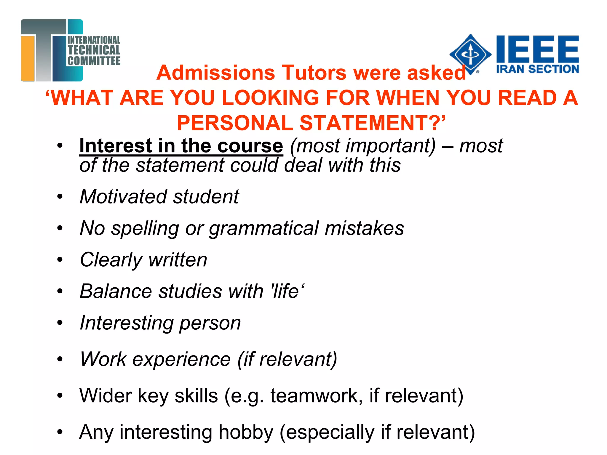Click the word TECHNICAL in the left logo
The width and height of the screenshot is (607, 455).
coord(94,50)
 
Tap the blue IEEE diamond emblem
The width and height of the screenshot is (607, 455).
coord(470,54)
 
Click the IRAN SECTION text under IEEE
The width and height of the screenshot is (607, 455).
coord(538,69)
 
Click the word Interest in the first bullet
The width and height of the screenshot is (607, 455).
coord(116,146)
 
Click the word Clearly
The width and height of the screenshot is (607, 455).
coord(111,260)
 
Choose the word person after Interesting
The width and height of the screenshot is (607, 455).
coord(210,323)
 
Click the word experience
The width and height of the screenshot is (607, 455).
coord(181,359)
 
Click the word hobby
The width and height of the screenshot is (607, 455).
coord(246,432)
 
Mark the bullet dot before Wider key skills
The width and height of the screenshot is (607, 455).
coord(60,396)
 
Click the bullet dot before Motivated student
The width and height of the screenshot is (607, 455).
coord(60,196)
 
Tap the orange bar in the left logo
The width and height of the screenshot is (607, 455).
coord(28,58)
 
